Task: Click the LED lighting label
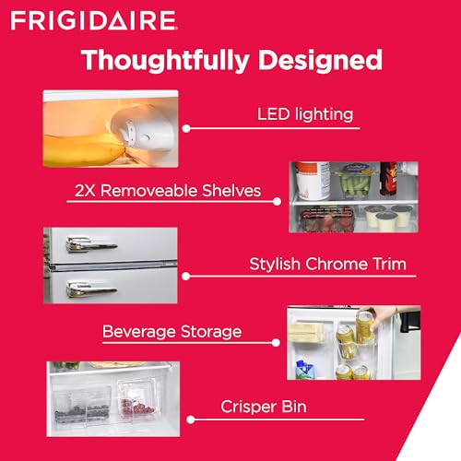point(304,115)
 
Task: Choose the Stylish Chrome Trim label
point(327,265)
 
